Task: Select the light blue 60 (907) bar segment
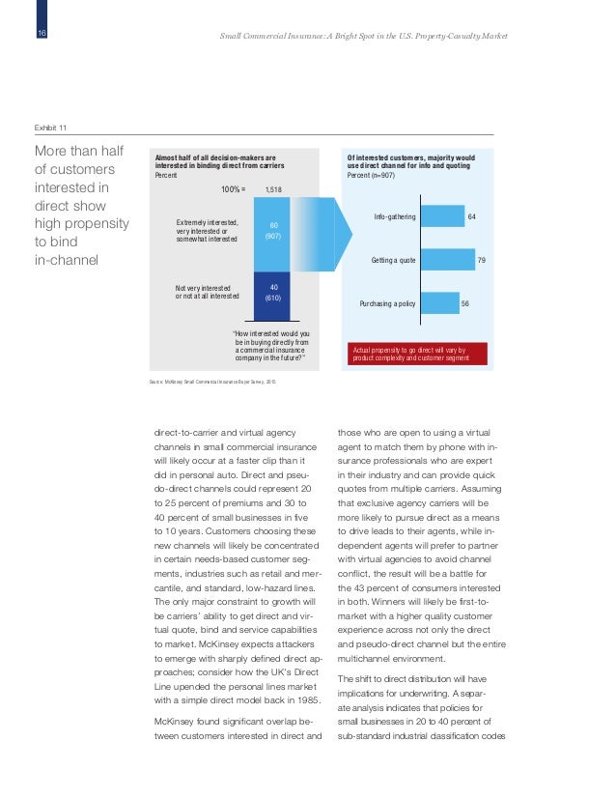(271, 232)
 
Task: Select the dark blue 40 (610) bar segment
(271, 293)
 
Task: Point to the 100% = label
(233, 190)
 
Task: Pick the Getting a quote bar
(447, 260)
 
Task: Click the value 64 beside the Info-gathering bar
(472, 217)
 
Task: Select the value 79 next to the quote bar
(482, 260)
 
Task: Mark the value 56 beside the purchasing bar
(465, 303)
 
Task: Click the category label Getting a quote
(393, 261)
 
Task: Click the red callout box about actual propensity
(415, 354)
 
